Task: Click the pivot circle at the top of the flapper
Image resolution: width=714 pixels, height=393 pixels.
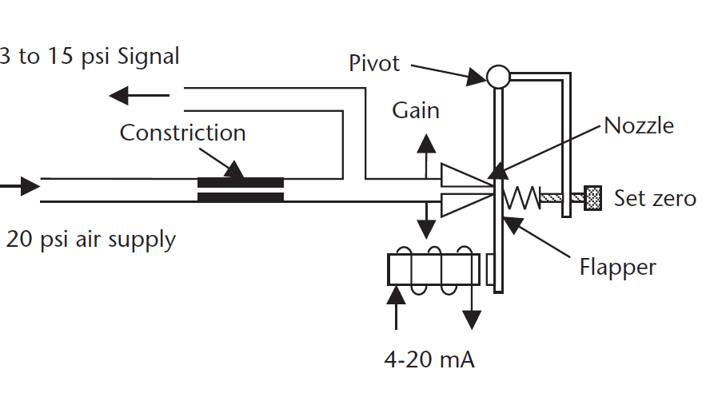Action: click(497, 77)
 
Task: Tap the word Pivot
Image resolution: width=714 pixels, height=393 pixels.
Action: click(374, 63)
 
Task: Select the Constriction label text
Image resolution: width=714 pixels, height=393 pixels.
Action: click(182, 132)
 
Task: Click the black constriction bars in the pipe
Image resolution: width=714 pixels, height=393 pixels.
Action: click(241, 189)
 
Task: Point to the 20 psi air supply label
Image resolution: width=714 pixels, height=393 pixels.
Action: click(90, 239)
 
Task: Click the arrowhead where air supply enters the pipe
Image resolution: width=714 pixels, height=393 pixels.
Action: click(28, 186)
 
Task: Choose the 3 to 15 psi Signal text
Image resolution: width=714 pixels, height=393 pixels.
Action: click(90, 57)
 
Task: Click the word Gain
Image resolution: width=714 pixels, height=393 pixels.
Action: click(415, 109)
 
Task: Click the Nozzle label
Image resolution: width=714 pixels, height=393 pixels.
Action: click(639, 125)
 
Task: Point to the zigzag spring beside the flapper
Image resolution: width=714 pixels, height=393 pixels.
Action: click(525, 196)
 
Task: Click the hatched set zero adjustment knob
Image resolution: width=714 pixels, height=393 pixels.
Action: click(593, 196)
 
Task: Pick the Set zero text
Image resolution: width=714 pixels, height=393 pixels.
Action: click(654, 197)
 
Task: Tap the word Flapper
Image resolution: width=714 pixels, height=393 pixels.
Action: click(617, 266)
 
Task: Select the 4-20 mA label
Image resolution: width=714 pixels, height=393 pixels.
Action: click(429, 359)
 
